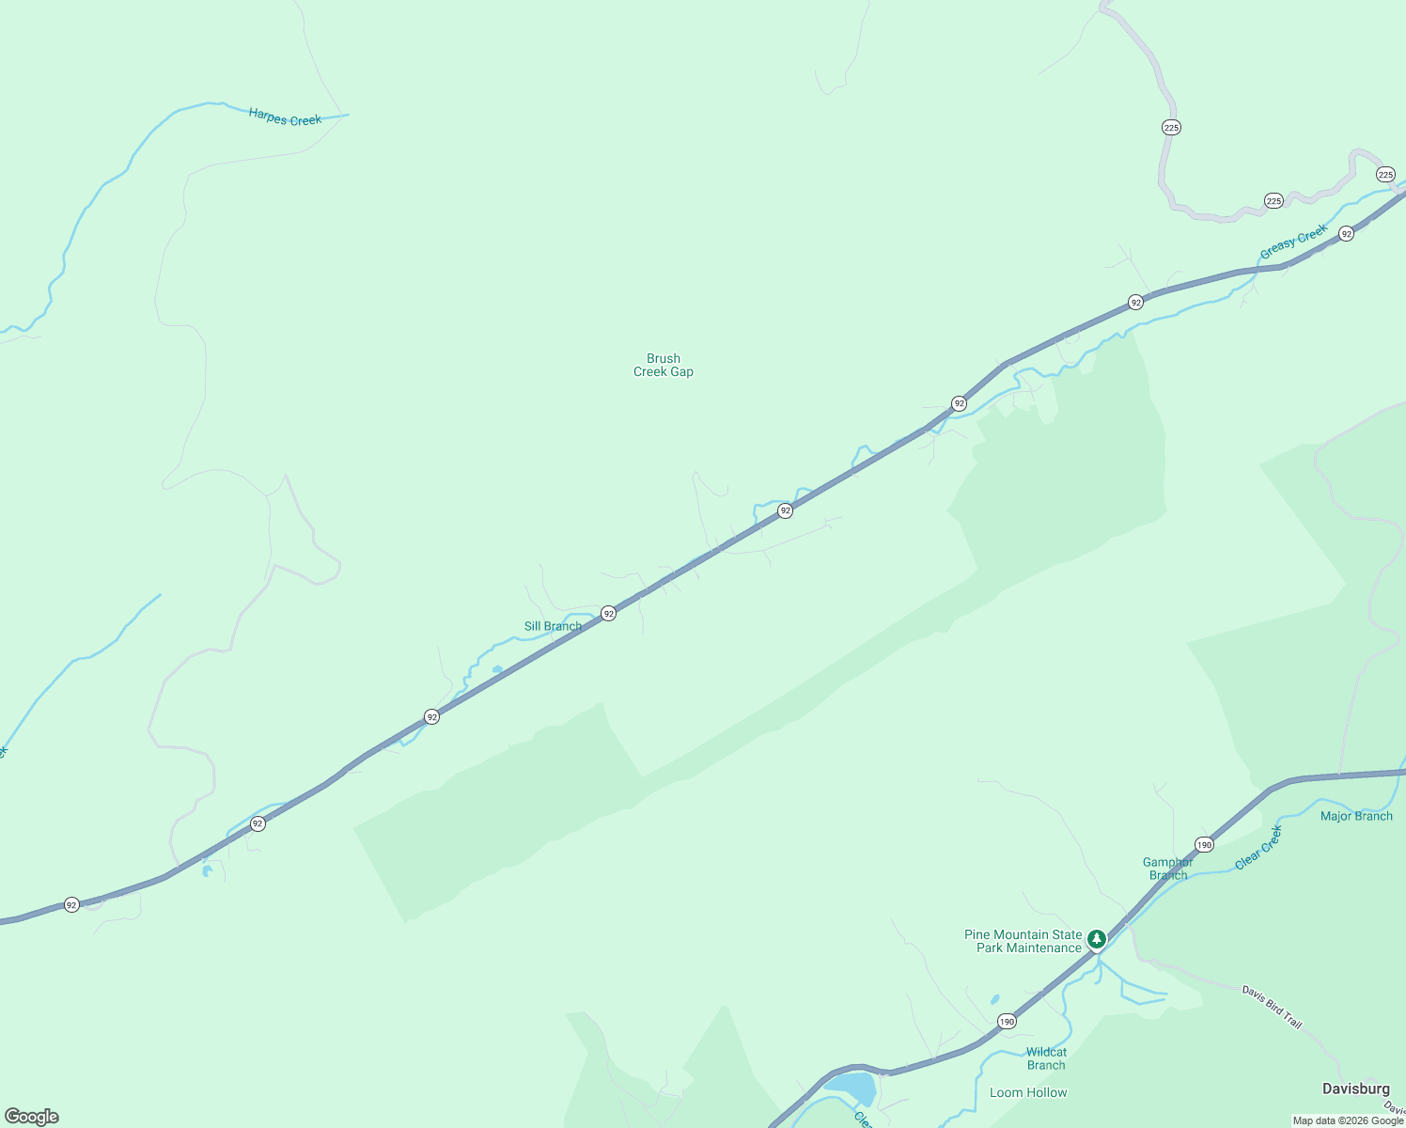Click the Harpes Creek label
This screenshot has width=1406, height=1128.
285,117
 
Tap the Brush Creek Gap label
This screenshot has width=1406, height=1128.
664,365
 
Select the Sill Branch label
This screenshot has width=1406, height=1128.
553,626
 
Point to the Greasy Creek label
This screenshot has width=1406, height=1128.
1293,242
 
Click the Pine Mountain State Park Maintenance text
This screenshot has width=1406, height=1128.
1023,941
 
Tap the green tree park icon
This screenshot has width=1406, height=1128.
1096,939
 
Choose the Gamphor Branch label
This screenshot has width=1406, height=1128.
1168,869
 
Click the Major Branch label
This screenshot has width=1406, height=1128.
1356,816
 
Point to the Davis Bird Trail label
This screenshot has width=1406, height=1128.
1272,1007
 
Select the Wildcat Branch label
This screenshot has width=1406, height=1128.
1046,1058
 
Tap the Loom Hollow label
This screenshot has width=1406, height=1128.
1028,1092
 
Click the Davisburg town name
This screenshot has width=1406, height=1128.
1355,1089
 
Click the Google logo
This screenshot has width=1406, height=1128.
32,1117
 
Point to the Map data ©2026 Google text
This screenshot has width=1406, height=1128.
1348,1120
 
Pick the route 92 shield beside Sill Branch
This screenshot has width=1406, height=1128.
609,614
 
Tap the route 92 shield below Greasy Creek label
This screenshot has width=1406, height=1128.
1346,234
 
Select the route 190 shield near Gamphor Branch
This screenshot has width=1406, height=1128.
1205,844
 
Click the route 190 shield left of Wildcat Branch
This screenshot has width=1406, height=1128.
1007,1021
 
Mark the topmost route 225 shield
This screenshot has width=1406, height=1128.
1171,128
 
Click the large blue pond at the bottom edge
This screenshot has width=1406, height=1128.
852,1089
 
